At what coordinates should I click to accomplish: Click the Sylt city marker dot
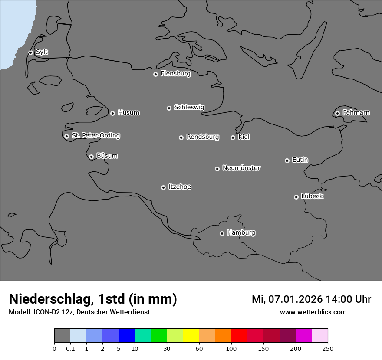[31, 52]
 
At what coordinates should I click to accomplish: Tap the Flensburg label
[175, 74]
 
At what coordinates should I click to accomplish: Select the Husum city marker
[112, 113]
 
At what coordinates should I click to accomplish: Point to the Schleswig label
[189, 107]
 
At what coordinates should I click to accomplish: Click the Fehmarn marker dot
[337, 113]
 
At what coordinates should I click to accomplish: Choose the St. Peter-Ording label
[95, 136]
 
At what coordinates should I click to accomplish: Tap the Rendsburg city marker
[181, 137]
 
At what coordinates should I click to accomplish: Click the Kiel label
[244, 137]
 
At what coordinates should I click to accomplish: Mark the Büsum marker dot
[91, 157]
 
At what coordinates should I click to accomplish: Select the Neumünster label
[241, 168]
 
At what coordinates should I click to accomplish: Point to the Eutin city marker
[287, 160]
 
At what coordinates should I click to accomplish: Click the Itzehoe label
[180, 187]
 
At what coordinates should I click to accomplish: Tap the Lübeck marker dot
[296, 197]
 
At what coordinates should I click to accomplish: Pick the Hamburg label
[241, 232]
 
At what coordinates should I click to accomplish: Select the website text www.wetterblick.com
[313, 312]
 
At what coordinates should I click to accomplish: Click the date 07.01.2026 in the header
[295, 299]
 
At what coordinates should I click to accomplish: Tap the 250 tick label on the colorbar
[328, 349]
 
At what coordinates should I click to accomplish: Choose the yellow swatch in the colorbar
[191, 336]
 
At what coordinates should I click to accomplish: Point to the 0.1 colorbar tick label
[70, 349]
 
